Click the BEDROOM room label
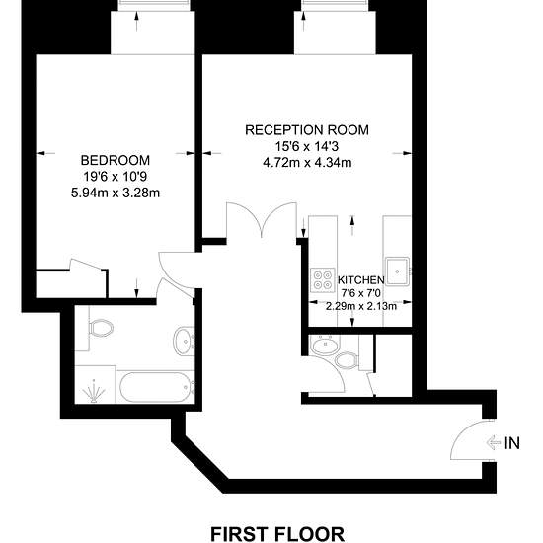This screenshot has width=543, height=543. coord(116,160)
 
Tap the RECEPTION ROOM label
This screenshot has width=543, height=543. coord(307,130)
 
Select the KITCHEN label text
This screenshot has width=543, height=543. coord(360,279)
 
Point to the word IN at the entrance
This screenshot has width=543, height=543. coord(512,443)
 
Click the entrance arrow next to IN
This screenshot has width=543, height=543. coord(494,443)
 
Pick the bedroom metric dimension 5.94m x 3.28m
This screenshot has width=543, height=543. coord(116,193)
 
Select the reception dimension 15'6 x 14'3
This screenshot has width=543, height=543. coord(307,146)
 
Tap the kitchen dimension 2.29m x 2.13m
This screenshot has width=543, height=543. coord(360,306)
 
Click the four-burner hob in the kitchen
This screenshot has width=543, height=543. coord(323,279)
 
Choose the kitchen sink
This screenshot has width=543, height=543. coord(398,271)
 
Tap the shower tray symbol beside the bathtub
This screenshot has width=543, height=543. coord(95,384)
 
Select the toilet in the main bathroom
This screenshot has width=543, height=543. coord(101,328)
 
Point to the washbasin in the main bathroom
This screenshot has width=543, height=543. coord(183,341)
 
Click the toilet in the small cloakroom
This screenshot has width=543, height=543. coord(347,359)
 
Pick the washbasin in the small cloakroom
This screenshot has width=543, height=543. coord(326,345)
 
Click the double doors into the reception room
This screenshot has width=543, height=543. coord(262,220)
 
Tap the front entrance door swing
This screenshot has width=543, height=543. coord(472,439)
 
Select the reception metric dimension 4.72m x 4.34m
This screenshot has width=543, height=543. coord(307,163)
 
